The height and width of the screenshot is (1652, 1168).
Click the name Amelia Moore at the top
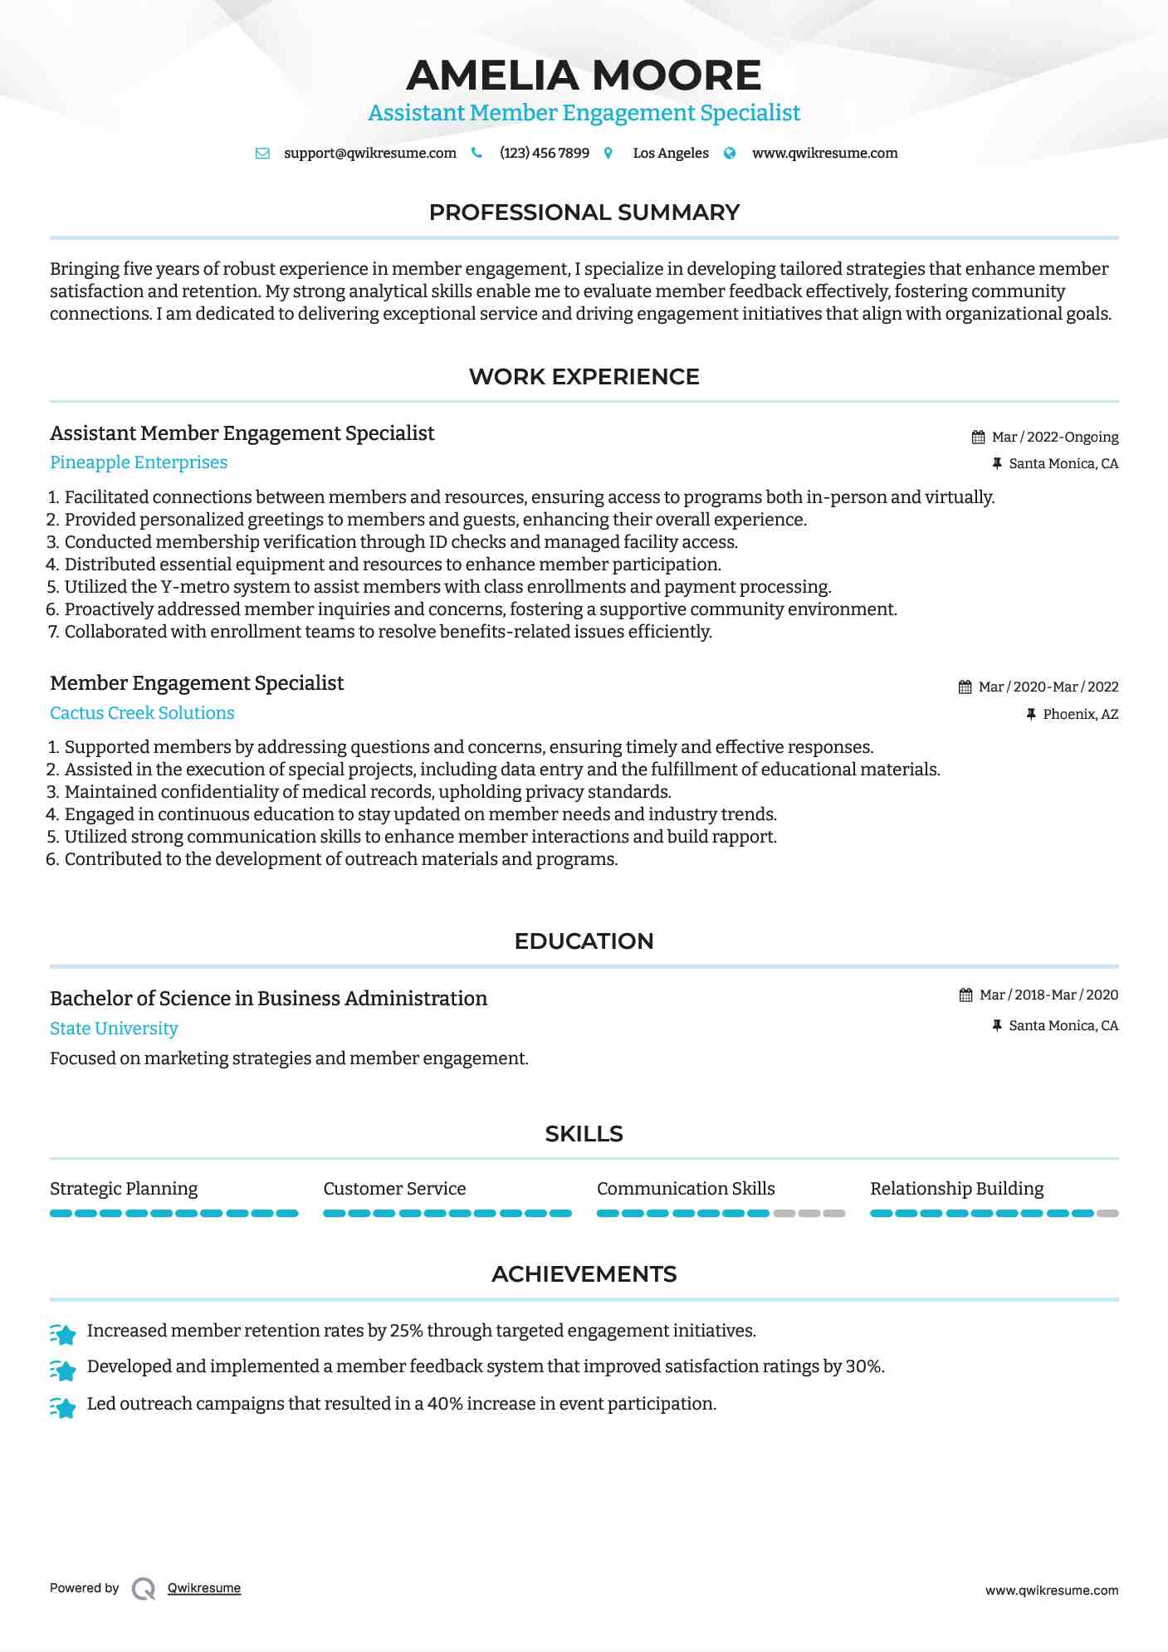(584, 76)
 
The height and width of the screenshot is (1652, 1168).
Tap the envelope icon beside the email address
(262, 154)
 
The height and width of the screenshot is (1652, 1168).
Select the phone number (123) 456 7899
(544, 154)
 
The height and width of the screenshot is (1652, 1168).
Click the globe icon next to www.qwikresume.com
(730, 154)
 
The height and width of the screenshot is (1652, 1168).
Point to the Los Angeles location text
(670, 154)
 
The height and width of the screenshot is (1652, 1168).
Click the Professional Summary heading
(584, 213)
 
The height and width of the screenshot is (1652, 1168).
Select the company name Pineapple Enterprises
(139, 462)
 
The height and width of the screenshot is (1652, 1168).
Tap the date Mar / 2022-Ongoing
(1054, 437)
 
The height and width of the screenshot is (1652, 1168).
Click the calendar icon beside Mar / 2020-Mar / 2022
(965, 687)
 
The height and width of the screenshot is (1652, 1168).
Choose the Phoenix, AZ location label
(1080, 714)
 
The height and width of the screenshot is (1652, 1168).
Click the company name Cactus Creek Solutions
(142, 713)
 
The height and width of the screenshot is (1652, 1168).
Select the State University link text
(114, 1029)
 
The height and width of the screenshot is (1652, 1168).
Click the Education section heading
(584, 941)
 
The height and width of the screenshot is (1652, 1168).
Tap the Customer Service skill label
(394, 1189)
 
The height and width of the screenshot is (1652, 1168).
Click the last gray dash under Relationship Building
(1107, 1214)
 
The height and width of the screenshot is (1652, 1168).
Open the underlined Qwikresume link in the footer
(204, 1588)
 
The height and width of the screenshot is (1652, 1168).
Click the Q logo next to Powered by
(144, 1589)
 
